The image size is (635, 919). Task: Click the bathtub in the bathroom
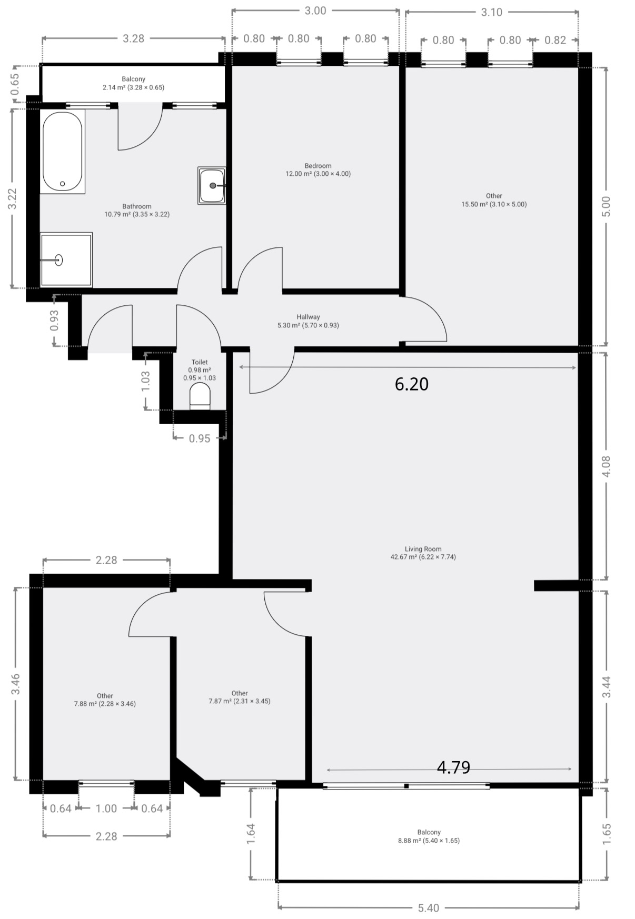[x=63, y=151]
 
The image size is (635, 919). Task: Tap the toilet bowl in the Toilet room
[x=200, y=396]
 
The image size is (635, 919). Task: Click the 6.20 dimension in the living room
[x=412, y=384]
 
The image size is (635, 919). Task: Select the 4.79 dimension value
[x=453, y=767]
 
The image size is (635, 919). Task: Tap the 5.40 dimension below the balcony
[x=428, y=908]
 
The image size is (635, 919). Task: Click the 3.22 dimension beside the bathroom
[x=13, y=199]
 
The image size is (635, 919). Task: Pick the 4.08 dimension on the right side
[x=606, y=466]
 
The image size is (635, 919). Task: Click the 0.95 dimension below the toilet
[x=200, y=438]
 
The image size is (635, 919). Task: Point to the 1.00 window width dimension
[x=106, y=808]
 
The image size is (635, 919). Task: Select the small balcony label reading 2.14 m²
[x=133, y=83]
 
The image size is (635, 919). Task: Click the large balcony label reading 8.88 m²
[x=429, y=836]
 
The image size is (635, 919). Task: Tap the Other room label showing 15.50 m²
[x=494, y=200]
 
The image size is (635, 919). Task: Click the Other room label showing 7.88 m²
[x=105, y=700]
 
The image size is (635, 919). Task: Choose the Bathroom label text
[x=137, y=206]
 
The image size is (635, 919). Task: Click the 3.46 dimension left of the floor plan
[x=15, y=684]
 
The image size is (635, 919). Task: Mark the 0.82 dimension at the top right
[x=555, y=40]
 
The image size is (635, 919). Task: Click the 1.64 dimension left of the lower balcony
[x=251, y=834]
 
